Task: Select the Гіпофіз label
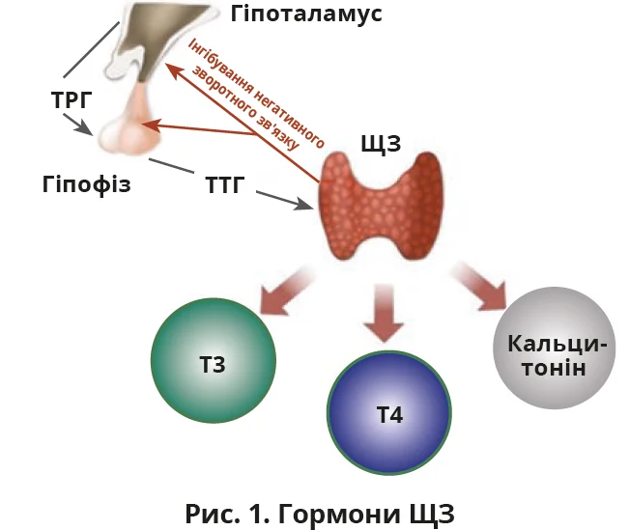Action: [x=86, y=182]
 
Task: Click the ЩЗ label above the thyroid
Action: [x=380, y=145]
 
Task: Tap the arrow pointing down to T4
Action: [x=386, y=314]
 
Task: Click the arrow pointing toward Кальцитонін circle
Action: [x=483, y=284]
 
